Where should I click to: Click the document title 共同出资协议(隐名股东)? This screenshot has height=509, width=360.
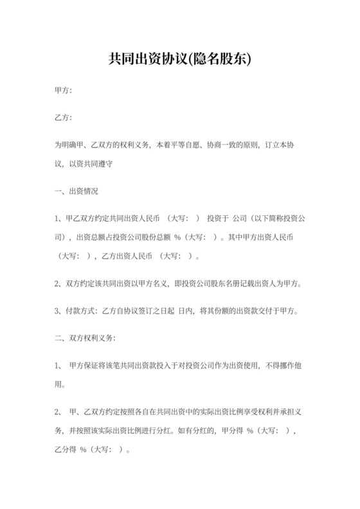[179, 60]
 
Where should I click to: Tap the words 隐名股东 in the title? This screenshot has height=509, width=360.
[222, 60]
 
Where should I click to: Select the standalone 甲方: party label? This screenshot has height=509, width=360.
[64, 91]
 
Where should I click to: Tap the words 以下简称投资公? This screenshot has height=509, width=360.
[275, 219]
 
